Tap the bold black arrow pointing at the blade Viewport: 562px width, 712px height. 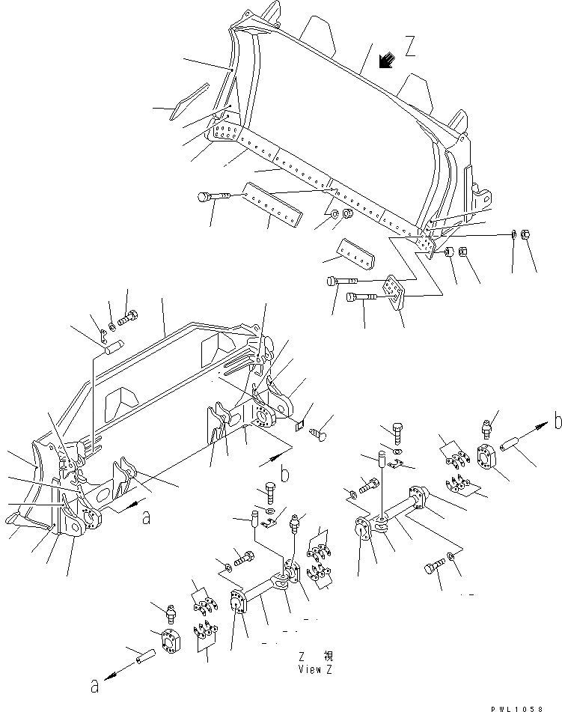coord(386,61)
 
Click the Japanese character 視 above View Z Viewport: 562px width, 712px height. coord(327,655)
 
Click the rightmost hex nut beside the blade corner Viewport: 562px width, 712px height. coord(527,234)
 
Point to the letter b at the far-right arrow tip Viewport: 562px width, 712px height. coord(558,422)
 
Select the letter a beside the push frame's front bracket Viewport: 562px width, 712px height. coord(145,515)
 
